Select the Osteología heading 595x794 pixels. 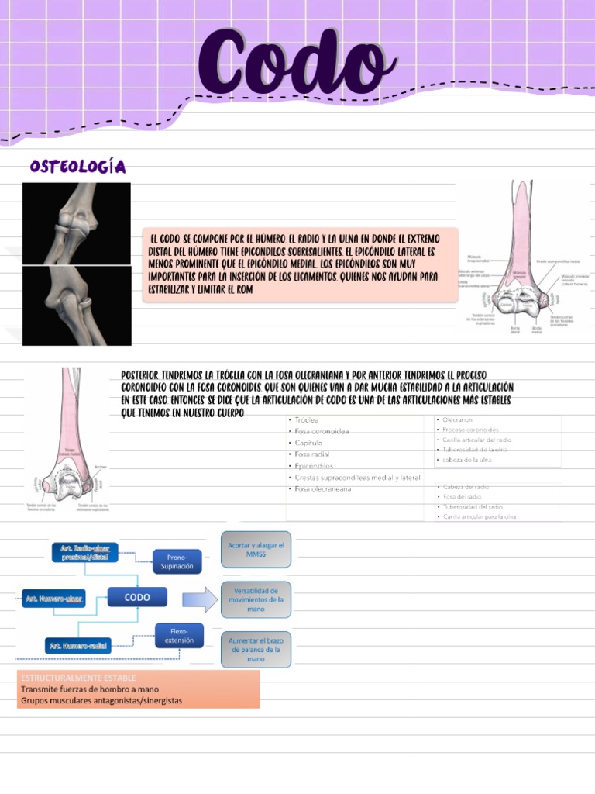coord(77,167)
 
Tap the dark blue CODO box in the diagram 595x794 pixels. coord(138,597)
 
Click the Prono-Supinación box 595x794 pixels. coord(177,561)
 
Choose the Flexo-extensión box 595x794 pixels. coord(179,636)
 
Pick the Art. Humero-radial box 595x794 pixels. coord(78,645)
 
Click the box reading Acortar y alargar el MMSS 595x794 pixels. coord(256,551)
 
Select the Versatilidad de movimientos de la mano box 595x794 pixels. coord(256,599)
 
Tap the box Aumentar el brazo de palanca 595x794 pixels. coord(256,649)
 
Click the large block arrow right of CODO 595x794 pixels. coord(200,599)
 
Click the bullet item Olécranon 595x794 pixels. coord(458,419)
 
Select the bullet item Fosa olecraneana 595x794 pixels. coord(322,489)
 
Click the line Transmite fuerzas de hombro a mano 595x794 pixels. coord(90,689)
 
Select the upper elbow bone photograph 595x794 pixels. coord(76,223)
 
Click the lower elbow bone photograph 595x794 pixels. coord(76,306)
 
